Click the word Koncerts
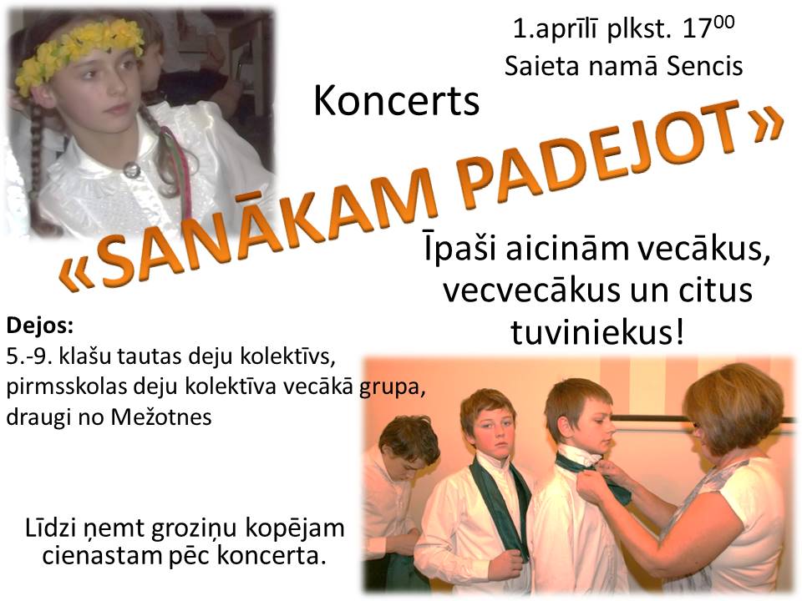pos(396,101)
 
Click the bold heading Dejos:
pos(40,326)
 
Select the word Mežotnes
pos(160,417)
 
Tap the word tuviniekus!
pos(596,332)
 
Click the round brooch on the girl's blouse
pos(131,170)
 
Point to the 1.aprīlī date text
pos(555,30)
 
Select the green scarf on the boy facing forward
pos(500,506)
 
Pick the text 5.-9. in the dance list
pos(30,356)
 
